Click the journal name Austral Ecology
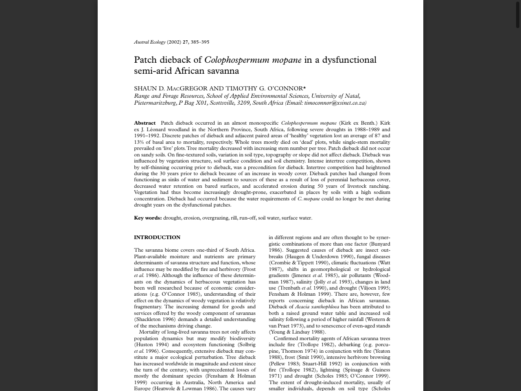tap(150, 42)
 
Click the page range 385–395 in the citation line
tap(200, 42)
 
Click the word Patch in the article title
tap(145, 60)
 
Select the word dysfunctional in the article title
tap(349, 60)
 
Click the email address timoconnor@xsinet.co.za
tap(334, 103)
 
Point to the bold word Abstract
tap(145, 123)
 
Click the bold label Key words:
tap(148, 218)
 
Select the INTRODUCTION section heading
tap(157, 237)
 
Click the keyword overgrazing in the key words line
tap(215, 218)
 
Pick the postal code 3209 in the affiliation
tap(243, 103)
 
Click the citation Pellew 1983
tap(284, 364)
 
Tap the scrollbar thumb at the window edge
tap(518, 14)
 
